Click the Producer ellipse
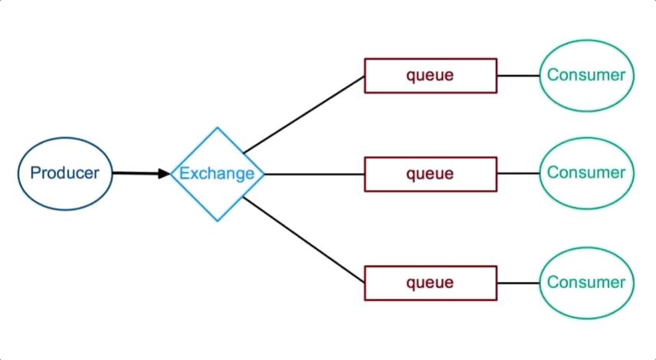click(64, 173)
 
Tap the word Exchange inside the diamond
click(217, 174)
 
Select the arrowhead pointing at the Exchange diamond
click(164, 174)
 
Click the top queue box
click(430, 76)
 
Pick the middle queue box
click(430, 174)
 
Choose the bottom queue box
click(430, 283)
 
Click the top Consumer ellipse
click(587, 75)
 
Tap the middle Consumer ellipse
click(587, 173)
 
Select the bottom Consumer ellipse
click(587, 283)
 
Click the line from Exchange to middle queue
click(314, 174)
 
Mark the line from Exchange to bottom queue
click(303, 239)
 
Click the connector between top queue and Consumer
click(518, 76)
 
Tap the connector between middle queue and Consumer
click(518, 174)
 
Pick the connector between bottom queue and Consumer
click(518, 283)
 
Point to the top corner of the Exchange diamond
click(218, 129)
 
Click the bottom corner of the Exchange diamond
click(218, 220)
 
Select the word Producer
click(64, 173)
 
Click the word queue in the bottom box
click(430, 283)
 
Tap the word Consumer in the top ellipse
click(587, 75)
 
